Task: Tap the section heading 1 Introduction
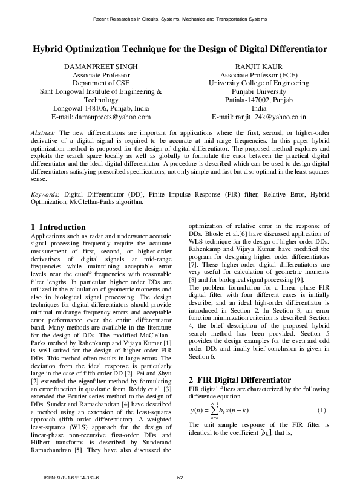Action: tap(58, 227)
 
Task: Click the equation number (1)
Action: tap(322, 411)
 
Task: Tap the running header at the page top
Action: tap(180, 19)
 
